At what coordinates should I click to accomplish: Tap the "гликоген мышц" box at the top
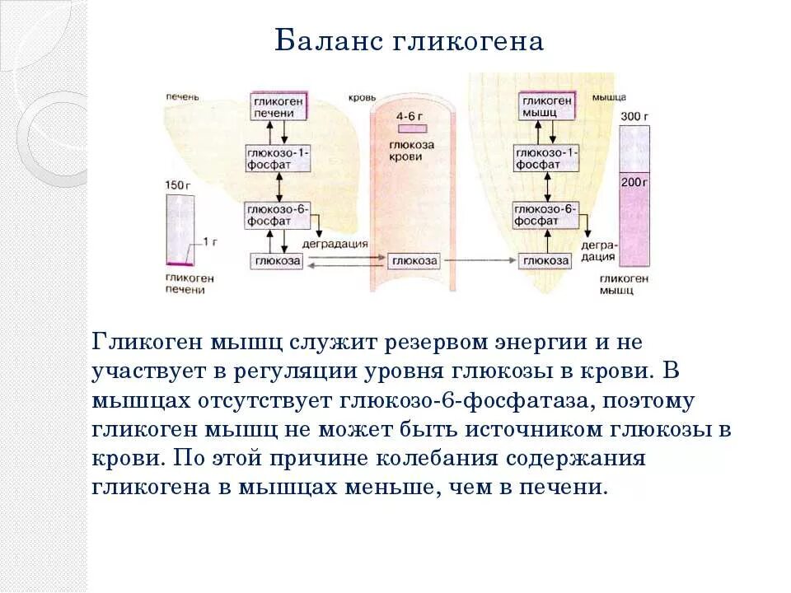[x=546, y=105]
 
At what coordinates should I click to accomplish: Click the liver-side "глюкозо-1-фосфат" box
[x=278, y=159]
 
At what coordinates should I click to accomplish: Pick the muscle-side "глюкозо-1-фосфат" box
[x=546, y=159]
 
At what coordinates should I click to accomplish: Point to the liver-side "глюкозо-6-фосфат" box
[x=278, y=216]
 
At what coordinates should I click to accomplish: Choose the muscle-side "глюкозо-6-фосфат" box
[x=546, y=216]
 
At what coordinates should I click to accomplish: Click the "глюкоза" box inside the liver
[x=278, y=261]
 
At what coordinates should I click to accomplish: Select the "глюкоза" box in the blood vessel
[x=414, y=261]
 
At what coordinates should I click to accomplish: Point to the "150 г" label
[x=178, y=184]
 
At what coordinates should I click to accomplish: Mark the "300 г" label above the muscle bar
[x=634, y=115]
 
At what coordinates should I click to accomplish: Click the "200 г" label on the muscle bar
[x=634, y=180]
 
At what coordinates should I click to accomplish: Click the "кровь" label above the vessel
[x=363, y=96]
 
